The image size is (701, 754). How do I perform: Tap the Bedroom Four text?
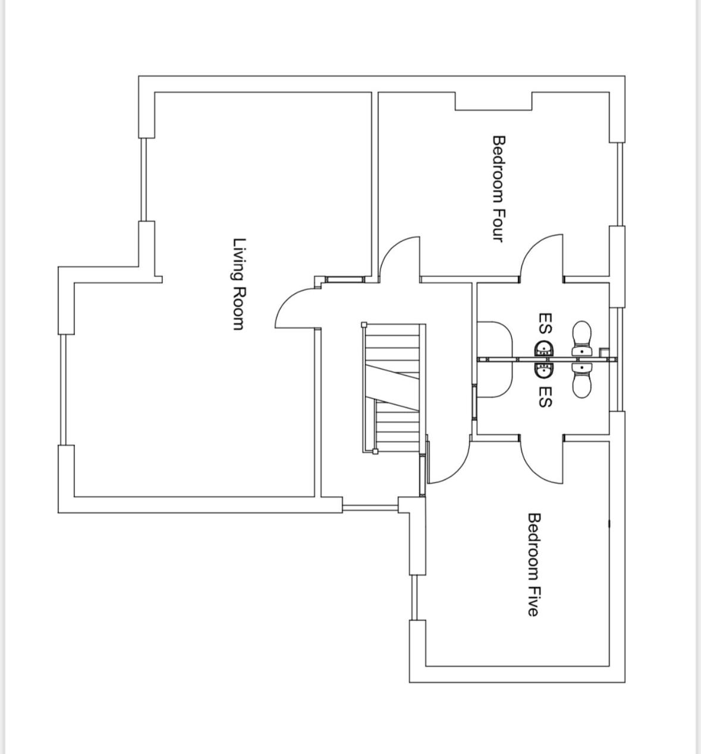(498, 189)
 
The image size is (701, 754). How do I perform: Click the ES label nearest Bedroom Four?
(545, 323)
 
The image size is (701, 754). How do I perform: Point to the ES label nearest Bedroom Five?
(545, 397)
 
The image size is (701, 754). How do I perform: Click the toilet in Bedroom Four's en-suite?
(581, 339)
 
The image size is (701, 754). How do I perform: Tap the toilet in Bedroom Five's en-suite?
(581, 380)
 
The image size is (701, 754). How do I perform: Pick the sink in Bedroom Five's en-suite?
(545, 369)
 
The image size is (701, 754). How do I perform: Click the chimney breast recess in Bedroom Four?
(493, 102)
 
